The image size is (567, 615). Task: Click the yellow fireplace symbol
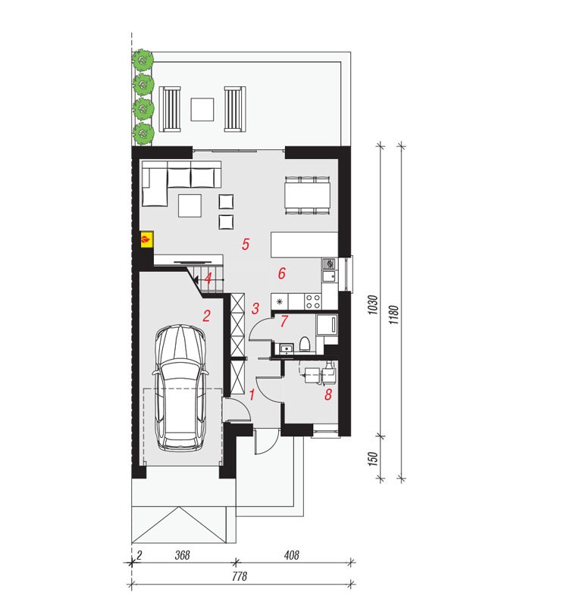(147, 239)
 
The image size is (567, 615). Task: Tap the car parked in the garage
(180, 388)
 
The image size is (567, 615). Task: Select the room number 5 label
(246, 245)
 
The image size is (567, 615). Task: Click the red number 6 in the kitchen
(281, 273)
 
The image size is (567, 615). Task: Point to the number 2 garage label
(206, 316)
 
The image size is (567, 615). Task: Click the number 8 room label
(328, 395)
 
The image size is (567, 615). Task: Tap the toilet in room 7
(305, 344)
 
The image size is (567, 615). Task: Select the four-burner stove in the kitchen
(313, 301)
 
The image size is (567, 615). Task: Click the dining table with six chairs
(308, 195)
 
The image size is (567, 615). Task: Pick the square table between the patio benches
(202, 109)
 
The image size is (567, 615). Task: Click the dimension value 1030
(374, 304)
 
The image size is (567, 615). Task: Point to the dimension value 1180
(394, 315)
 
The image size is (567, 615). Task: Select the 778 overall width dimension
(239, 576)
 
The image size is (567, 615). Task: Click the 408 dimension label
(291, 555)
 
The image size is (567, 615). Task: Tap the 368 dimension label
(182, 555)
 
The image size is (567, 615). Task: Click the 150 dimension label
(374, 459)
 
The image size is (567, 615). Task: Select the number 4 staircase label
(208, 279)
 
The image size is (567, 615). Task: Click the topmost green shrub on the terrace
(143, 60)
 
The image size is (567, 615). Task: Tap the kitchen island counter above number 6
(304, 245)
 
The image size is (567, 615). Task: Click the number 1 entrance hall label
(252, 395)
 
